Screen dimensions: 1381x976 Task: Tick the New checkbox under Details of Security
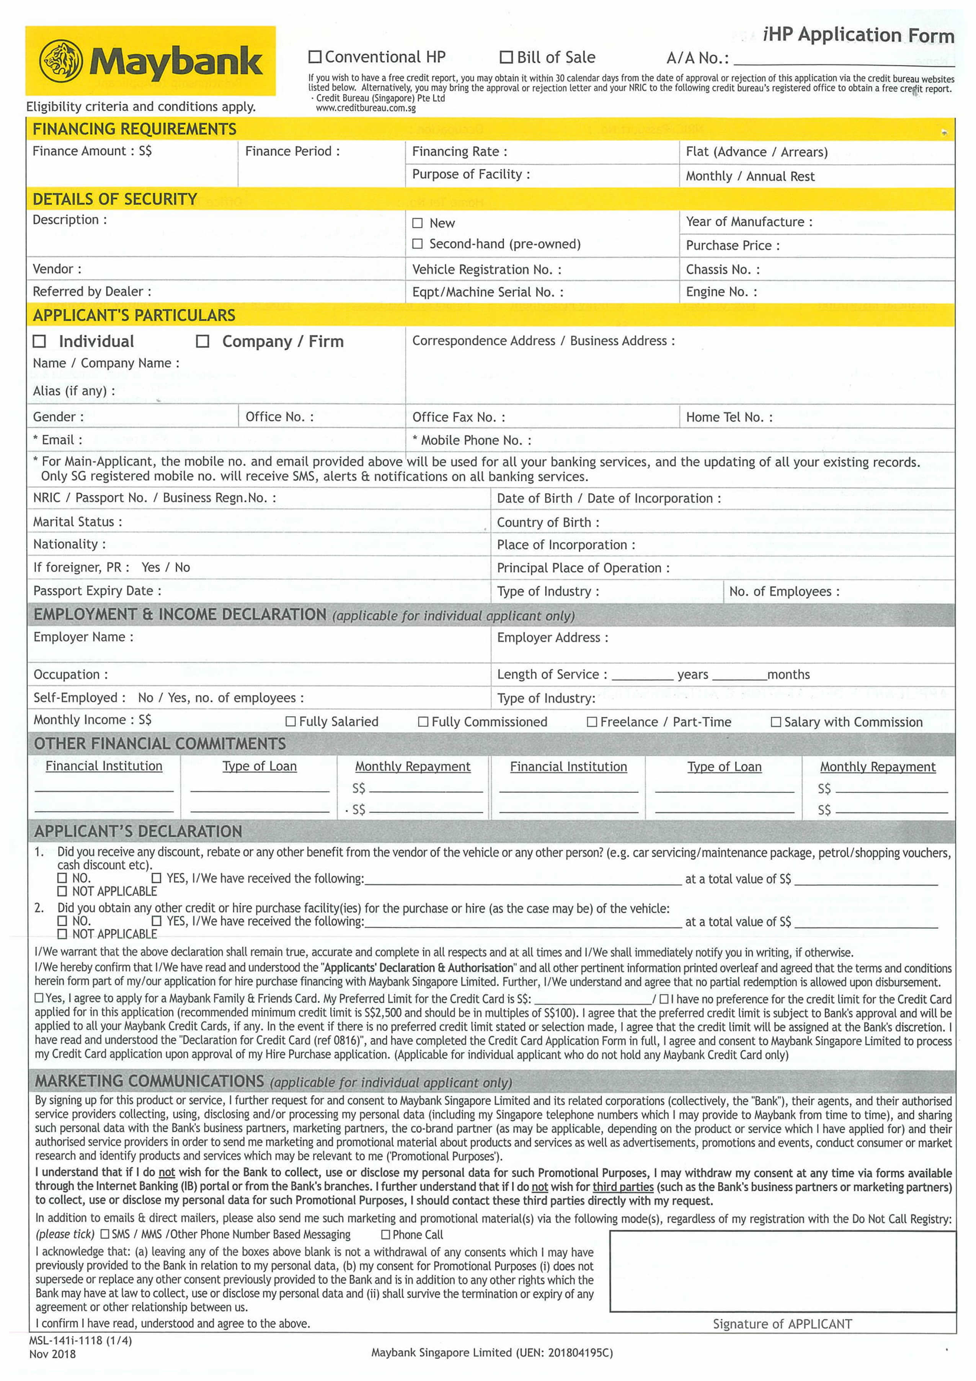pyautogui.click(x=417, y=223)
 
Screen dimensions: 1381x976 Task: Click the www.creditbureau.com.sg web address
pyautogui.click(x=366, y=108)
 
